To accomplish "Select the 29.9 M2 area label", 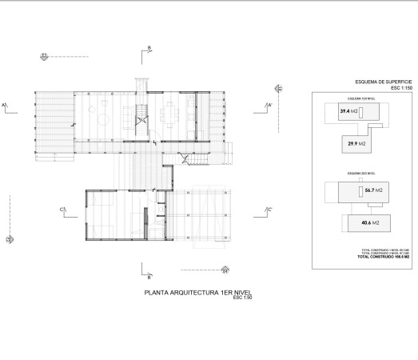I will [356, 143].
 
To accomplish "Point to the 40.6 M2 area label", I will [370, 222].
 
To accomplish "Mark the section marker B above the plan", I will [149, 50].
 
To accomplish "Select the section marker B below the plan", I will [149, 276].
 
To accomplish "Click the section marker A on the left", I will [4, 105].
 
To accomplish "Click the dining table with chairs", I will [172, 114].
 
